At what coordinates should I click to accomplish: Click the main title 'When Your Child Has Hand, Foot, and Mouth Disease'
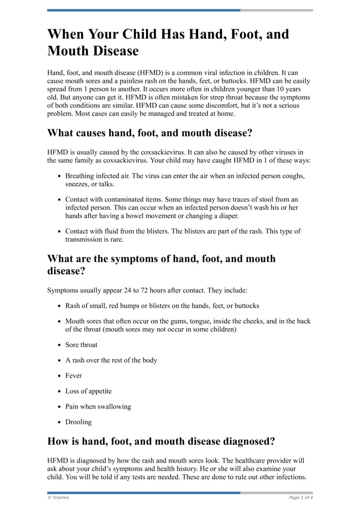click(x=168, y=42)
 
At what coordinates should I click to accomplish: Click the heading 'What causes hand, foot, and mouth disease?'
click(x=150, y=133)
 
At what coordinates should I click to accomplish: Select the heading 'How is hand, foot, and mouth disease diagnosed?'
click(x=161, y=441)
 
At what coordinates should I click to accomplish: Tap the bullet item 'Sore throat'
click(x=81, y=345)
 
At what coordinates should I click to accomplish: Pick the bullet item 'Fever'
click(x=74, y=375)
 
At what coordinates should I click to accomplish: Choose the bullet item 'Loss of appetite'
click(x=89, y=391)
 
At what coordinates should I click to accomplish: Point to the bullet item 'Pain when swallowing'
click(x=98, y=406)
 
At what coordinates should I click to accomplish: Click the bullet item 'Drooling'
click(x=78, y=422)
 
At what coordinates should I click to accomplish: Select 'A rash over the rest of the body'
click(x=111, y=360)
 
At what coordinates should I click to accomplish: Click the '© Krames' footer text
click(x=58, y=498)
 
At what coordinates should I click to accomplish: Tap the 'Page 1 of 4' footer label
click(x=301, y=498)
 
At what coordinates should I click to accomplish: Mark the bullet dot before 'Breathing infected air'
click(x=60, y=176)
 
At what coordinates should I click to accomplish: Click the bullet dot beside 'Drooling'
click(x=60, y=423)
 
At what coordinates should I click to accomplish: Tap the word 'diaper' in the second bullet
click(x=228, y=216)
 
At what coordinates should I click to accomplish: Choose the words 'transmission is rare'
click(x=93, y=239)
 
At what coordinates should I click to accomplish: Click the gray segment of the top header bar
click(x=276, y=10)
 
